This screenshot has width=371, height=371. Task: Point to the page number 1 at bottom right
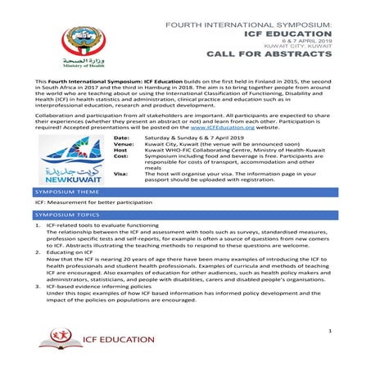pos(327,330)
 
